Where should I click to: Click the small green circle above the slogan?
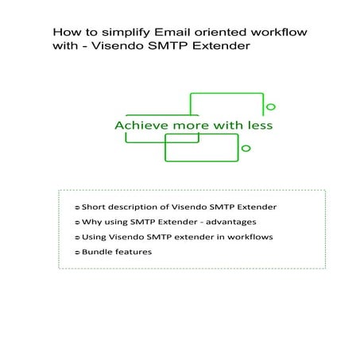tap(271, 106)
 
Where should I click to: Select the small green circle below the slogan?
tap(246, 148)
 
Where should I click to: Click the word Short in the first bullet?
tap(96, 207)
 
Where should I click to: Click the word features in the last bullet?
tap(136, 252)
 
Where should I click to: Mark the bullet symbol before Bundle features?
tap(77, 252)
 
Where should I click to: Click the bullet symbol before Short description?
tap(77, 207)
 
